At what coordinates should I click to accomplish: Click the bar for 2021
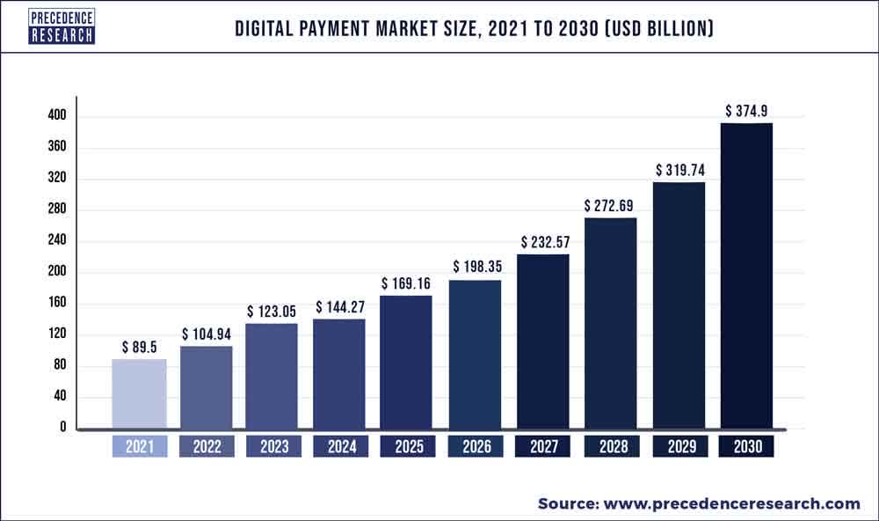click(139, 394)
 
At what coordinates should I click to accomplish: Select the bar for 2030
click(746, 276)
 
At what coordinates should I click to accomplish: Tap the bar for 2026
click(476, 355)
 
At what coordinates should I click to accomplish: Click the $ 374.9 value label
click(747, 111)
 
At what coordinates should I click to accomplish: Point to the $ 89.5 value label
click(139, 347)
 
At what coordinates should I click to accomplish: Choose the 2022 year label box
click(207, 446)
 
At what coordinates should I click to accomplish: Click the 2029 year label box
click(679, 446)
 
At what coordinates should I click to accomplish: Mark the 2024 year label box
click(341, 446)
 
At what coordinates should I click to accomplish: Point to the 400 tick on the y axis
click(58, 116)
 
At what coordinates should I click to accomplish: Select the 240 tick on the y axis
click(58, 241)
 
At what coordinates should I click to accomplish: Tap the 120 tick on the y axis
click(58, 334)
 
